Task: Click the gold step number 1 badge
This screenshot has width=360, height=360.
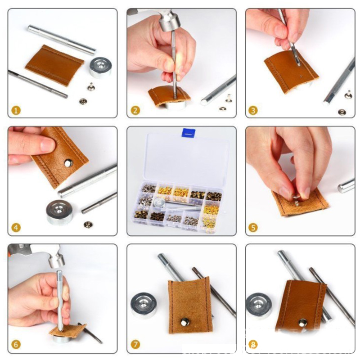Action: coord(16,110)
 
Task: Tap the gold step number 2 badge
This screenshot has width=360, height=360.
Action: coord(135,111)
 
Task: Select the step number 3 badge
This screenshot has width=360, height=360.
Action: coord(253,111)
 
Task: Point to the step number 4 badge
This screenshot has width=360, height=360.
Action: coord(16,228)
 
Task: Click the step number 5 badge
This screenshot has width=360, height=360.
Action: coord(253,228)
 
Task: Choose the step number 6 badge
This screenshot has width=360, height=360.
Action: coord(16,344)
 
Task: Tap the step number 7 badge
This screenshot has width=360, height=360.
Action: coord(135,344)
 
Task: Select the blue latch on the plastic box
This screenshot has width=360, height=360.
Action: coord(189,133)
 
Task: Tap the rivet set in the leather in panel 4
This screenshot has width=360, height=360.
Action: coord(68,163)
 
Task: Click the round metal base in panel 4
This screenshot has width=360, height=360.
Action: coord(59,212)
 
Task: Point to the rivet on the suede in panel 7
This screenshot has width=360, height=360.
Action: coord(185,322)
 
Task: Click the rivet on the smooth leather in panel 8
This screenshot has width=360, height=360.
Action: coord(303,323)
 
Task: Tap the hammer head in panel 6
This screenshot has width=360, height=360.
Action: coord(56,258)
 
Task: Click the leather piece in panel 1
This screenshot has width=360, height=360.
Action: coord(54,65)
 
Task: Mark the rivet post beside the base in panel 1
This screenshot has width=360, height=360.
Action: coord(91,87)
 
